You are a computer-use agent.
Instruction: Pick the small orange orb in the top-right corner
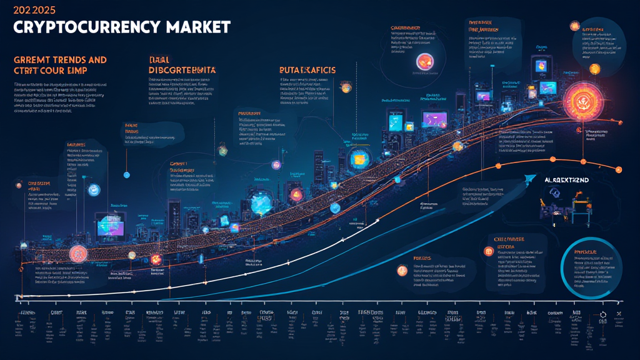[574, 26]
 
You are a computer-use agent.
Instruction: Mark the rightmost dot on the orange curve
[618, 169]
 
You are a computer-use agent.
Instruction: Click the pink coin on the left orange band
[77, 252]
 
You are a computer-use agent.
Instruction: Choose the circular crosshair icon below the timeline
[603, 314]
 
